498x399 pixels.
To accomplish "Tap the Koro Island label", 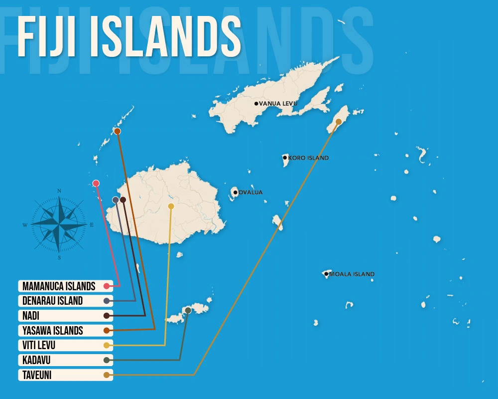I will tap(308, 158).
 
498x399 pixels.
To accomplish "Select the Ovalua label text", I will tap(250, 192).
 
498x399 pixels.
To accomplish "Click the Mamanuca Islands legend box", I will tap(65, 286).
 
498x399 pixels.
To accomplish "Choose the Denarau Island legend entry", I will tap(65, 301).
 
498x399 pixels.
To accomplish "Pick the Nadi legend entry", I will tap(65, 316).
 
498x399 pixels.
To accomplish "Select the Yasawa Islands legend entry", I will tap(65, 330).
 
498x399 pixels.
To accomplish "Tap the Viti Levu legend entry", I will tap(65, 345).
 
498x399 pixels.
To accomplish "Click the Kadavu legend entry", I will tap(65, 360).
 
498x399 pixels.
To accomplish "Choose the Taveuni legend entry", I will tap(65, 375).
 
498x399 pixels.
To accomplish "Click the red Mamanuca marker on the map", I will tap(96, 183).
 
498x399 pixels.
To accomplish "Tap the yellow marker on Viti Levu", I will tap(171, 206).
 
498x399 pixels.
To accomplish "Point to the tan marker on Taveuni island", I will tap(339, 122).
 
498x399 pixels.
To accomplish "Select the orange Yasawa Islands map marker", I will tap(117, 131).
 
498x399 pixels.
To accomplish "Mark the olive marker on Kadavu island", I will tap(188, 310).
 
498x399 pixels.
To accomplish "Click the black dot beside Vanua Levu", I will tap(256, 104).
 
